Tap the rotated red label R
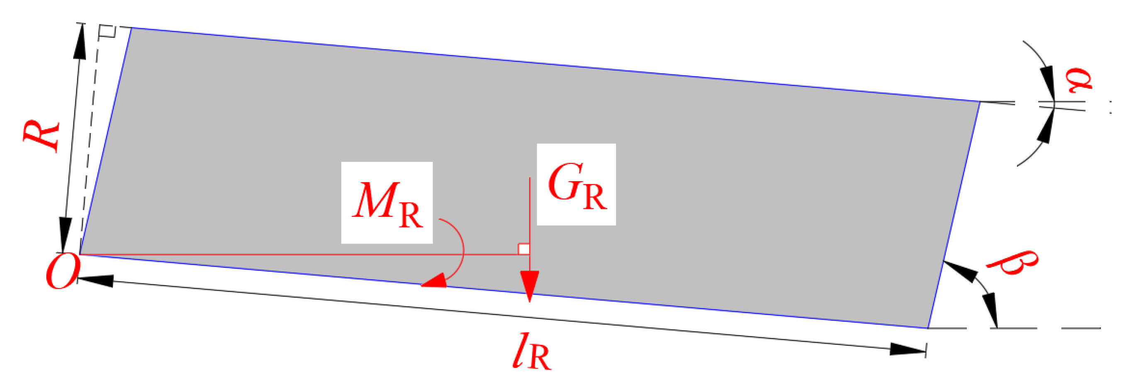click(41, 136)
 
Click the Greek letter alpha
click(1079, 80)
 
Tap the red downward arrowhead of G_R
click(529, 284)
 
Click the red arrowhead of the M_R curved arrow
click(434, 281)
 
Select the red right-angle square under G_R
click(524, 249)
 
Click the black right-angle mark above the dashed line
click(106, 31)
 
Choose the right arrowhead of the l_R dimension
click(908, 349)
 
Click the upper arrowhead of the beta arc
click(960, 271)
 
